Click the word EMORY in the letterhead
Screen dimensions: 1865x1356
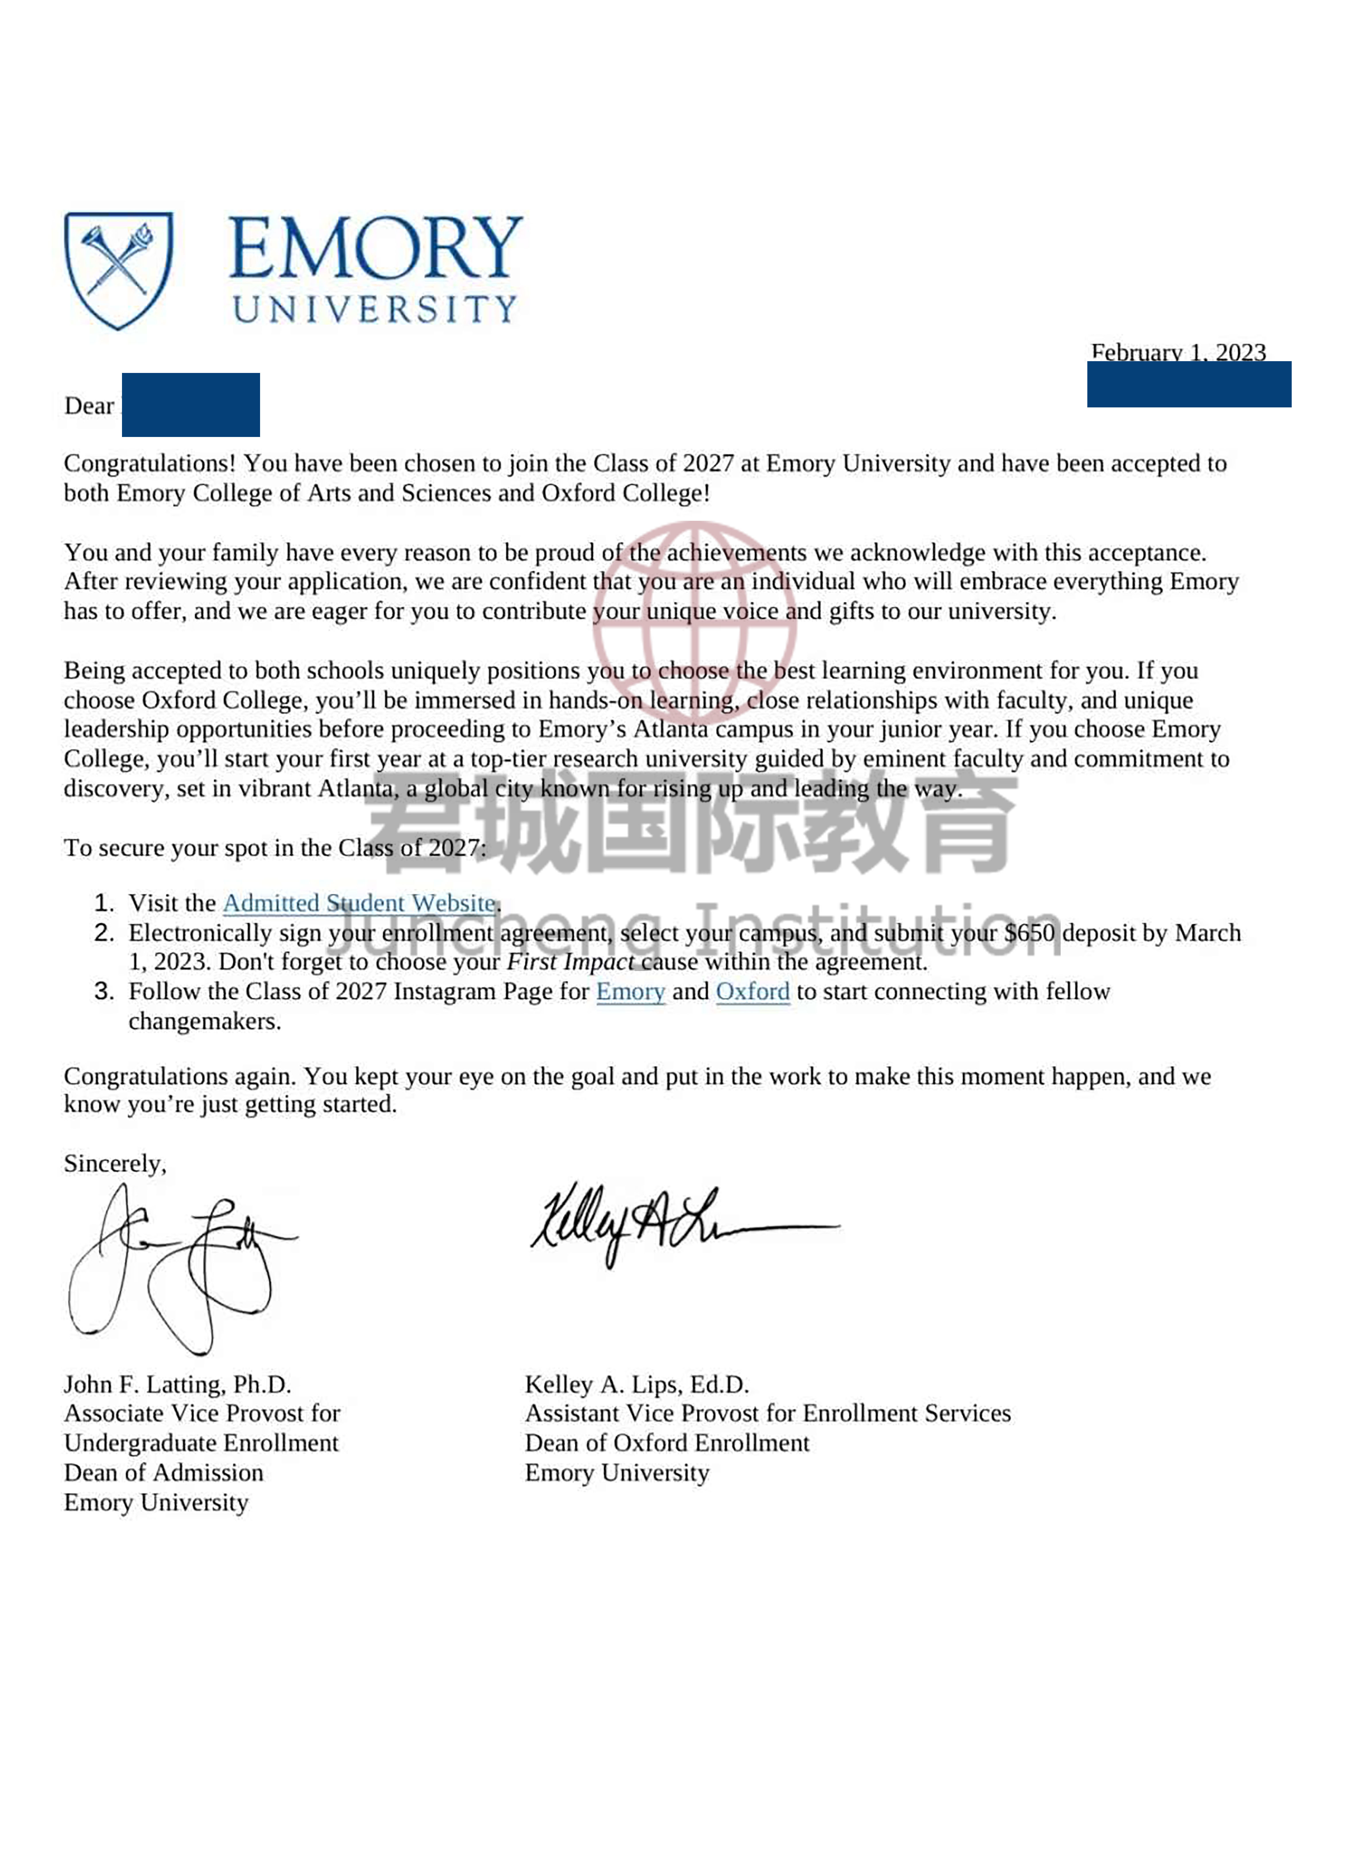375,248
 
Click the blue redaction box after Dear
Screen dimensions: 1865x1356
191,405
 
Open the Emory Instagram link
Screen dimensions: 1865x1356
630,992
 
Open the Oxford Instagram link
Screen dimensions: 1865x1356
752,992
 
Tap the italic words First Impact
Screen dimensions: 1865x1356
570,962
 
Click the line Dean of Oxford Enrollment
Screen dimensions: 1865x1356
667,1443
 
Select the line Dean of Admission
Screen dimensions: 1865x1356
164,1473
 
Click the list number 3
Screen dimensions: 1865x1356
104,992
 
